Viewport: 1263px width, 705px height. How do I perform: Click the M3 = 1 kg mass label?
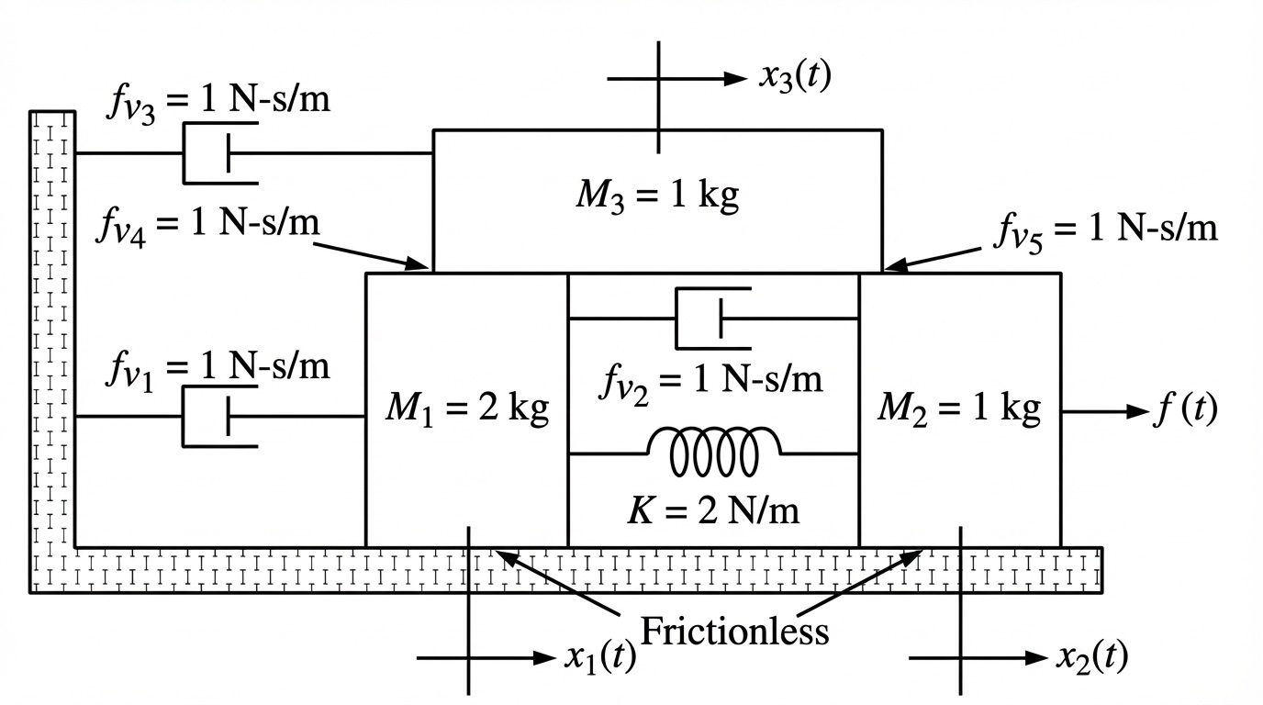[657, 196]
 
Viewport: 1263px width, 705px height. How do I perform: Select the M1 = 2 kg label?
[466, 408]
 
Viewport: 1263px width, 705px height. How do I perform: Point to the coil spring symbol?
[715, 452]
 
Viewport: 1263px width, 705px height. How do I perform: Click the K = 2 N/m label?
[713, 509]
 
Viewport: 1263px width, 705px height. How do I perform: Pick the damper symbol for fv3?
[218, 152]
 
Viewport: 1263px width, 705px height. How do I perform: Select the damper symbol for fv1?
[218, 417]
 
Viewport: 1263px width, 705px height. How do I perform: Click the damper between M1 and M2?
[714, 319]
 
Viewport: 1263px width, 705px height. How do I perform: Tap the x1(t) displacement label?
[598, 658]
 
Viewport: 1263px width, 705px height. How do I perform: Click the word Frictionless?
[734, 631]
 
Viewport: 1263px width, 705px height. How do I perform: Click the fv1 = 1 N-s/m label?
[217, 367]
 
